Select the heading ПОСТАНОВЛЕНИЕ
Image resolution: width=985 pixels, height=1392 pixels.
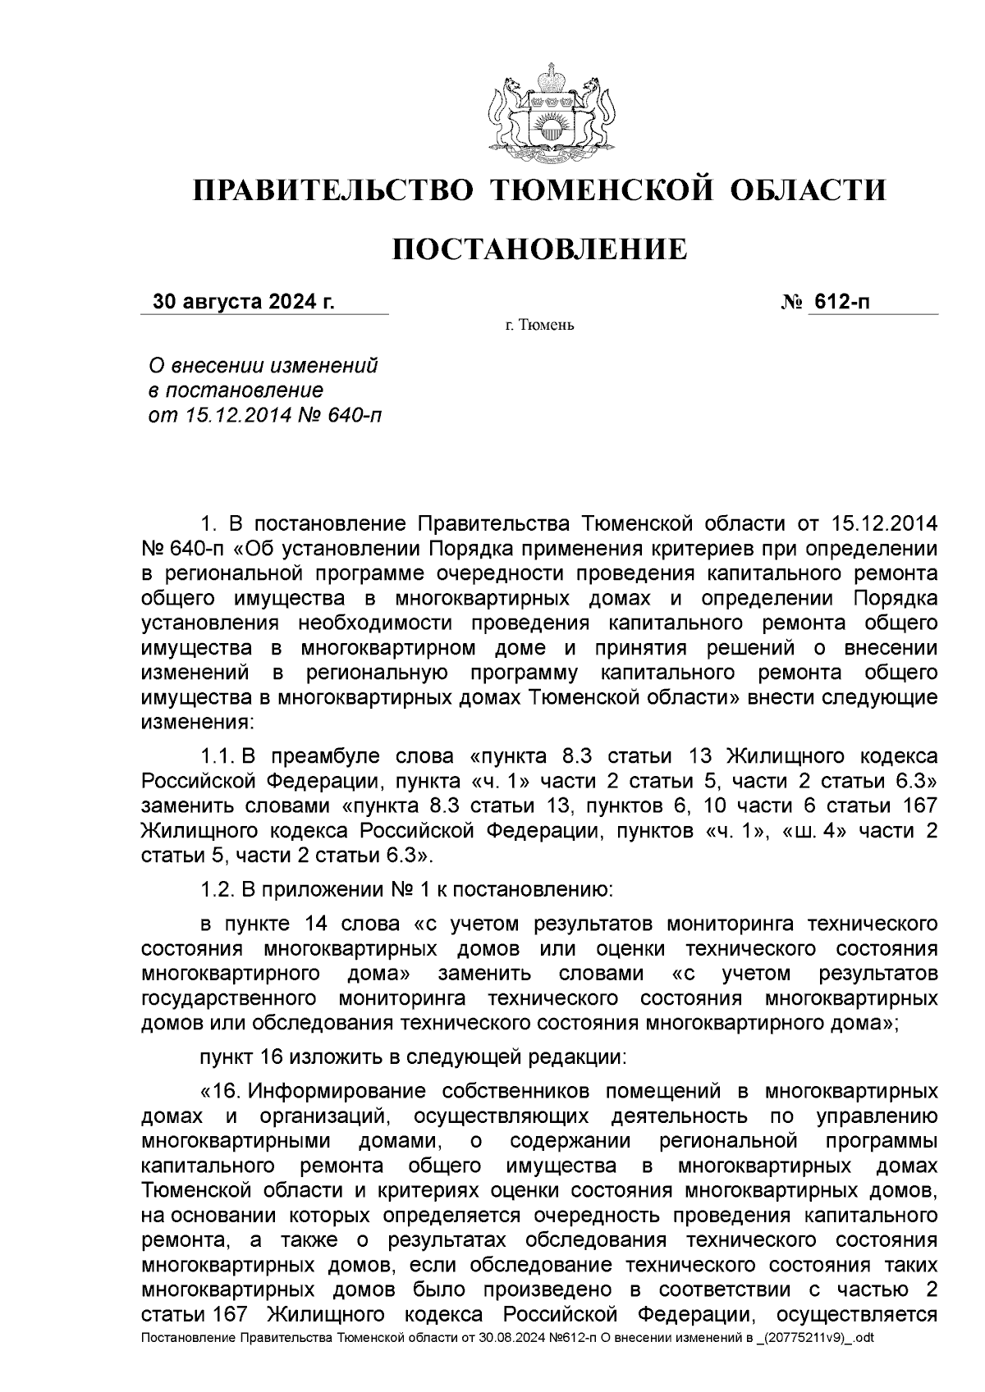pyautogui.click(x=539, y=249)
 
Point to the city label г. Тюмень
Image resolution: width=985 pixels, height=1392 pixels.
pyautogui.click(x=539, y=326)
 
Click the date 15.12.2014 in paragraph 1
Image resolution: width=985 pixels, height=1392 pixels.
pyautogui.click(x=884, y=523)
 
